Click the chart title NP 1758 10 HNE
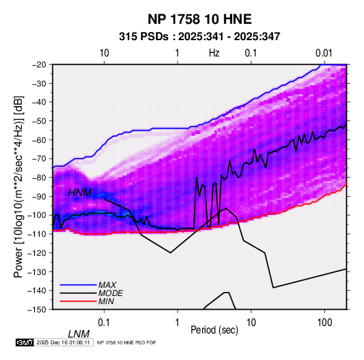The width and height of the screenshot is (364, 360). pos(199,19)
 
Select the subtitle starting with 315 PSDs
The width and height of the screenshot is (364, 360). pos(199,37)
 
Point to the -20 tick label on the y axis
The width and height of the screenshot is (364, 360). pos(39,65)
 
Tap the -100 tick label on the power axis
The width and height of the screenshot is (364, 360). pos(37,215)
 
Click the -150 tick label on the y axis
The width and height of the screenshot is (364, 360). pos(37,310)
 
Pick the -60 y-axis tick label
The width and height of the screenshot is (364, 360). pos(39,140)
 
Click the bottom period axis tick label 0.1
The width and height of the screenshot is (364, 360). pos(104,323)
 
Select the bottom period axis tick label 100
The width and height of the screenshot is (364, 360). pos(325,323)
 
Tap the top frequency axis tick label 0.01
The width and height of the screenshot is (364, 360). pos(324,53)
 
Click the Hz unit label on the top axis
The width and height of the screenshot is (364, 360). pos(214,53)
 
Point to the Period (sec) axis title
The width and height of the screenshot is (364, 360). pos(214,330)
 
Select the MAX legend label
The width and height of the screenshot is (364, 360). pos(107,285)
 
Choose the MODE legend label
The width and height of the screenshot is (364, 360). pos(110,293)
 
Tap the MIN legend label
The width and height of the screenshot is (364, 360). pos(106,301)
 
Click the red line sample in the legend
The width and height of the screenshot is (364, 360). pos(78,301)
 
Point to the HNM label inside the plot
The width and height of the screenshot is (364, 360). pos(80,193)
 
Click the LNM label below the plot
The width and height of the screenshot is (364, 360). pos(79,334)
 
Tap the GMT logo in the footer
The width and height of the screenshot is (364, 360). pos(25,342)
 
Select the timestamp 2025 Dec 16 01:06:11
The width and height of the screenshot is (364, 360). pos(63,342)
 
